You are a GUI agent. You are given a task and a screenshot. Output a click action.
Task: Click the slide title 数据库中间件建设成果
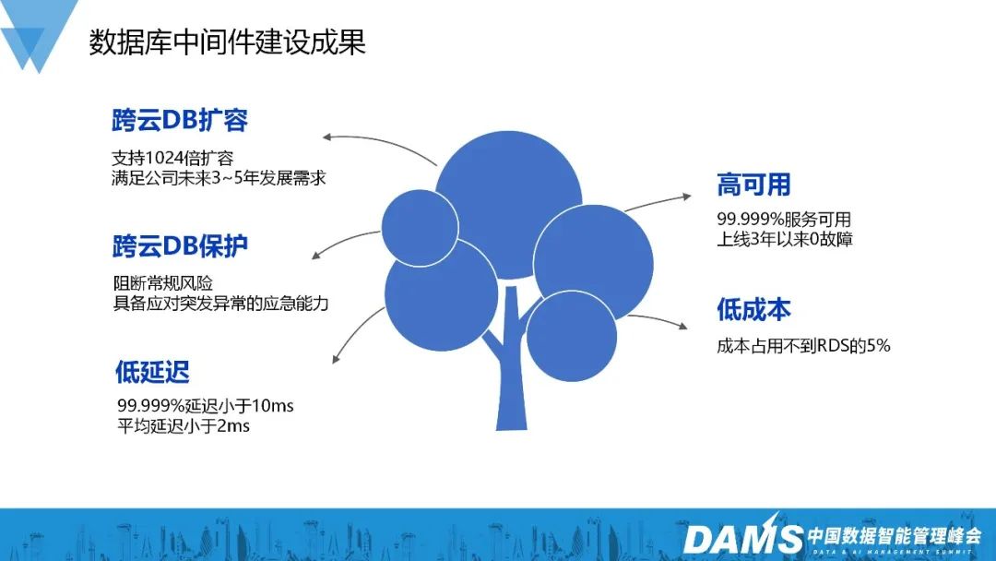[227, 42]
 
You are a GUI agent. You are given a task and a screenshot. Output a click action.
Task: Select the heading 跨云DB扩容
[180, 120]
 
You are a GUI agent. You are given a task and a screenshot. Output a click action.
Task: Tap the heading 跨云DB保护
[180, 245]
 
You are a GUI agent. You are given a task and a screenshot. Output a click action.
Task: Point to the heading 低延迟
[152, 372]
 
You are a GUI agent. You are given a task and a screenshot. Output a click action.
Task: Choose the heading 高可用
[753, 185]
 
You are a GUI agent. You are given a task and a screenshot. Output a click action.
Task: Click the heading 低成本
[753, 309]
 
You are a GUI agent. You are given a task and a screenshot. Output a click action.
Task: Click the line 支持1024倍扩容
[172, 158]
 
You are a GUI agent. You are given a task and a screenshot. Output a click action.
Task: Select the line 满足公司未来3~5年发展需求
[219, 178]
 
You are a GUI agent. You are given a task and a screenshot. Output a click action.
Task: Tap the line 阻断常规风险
[163, 282]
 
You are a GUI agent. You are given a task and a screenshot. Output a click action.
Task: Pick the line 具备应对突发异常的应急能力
[221, 303]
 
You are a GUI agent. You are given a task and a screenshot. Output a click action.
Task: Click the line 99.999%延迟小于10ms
[205, 405]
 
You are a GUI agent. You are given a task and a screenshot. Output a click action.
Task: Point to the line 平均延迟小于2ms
[184, 425]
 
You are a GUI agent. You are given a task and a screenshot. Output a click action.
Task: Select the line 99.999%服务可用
[784, 220]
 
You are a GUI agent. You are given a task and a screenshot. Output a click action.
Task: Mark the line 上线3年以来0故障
[785, 240]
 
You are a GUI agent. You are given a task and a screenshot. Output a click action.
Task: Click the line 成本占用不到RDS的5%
[803, 346]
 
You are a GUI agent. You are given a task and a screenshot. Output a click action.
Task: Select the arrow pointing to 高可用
[658, 202]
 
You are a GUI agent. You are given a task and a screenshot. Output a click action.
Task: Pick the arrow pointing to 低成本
[657, 319]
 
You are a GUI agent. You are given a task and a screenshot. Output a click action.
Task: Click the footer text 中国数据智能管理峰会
[895, 535]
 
